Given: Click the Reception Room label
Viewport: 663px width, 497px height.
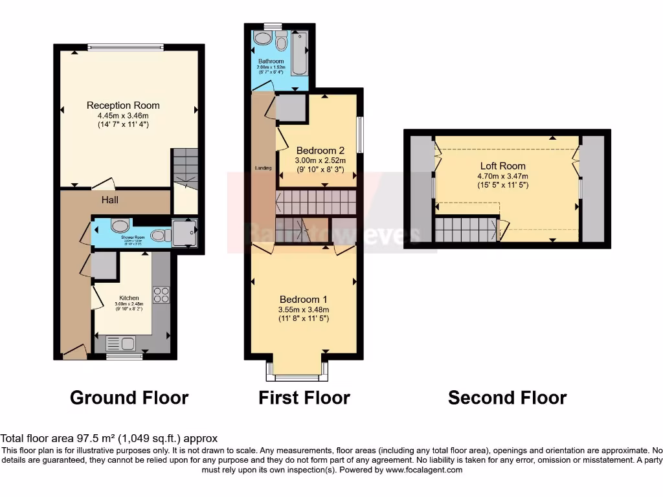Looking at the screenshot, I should pos(123,105).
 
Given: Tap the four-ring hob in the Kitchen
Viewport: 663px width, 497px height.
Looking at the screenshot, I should pos(161,295).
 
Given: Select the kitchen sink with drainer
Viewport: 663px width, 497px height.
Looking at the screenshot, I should pos(120,344).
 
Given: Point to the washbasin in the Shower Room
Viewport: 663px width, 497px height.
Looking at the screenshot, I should pos(120,226).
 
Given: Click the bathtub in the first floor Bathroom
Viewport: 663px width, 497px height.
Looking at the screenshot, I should pos(300,54).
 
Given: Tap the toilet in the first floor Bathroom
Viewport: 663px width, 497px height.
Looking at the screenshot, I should pos(281,43).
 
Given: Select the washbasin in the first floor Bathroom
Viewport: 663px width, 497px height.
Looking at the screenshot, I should pos(262,38).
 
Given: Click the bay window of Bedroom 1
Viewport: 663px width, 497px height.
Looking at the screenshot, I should pos(297,371).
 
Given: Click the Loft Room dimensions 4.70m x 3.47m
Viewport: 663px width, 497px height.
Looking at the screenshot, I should pos(502,176).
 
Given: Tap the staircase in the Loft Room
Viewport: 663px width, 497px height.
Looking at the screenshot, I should pos(464,230).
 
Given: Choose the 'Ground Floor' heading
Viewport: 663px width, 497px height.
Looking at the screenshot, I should pos(129,397).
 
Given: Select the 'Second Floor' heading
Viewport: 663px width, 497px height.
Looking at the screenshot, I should pos(507,397).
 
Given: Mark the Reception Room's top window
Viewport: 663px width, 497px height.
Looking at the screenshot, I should pos(126,46).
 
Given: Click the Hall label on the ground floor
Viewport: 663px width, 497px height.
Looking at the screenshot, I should pos(109,200).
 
